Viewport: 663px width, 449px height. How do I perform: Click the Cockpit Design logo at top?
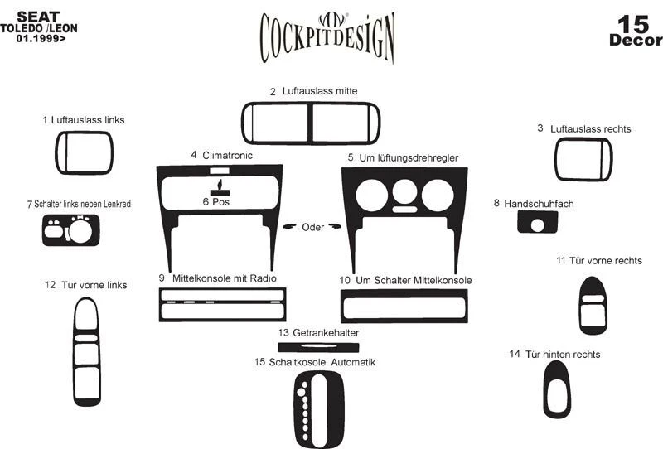pyautogui.click(x=327, y=36)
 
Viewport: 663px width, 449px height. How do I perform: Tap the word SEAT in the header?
pyautogui.click(x=38, y=16)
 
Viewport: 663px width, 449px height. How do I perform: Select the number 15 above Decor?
pyautogui.click(x=635, y=23)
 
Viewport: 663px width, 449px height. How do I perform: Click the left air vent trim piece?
pyautogui.click(x=84, y=153)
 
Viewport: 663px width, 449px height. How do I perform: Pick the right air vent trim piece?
pyautogui.click(x=583, y=159)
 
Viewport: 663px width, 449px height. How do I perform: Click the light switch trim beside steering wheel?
pyautogui.click(x=71, y=229)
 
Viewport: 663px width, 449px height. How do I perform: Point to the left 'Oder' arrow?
pyautogui.click(x=289, y=226)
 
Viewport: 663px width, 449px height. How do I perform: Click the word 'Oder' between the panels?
pyautogui.click(x=313, y=227)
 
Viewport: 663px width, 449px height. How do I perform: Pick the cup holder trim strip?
pyautogui.click(x=319, y=345)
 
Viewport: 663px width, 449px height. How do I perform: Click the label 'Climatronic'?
pyautogui.click(x=227, y=155)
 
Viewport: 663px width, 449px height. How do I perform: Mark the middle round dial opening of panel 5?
pyautogui.click(x=405, y=193)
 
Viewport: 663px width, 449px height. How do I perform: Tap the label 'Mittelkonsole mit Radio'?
pyautogui.click(x=224, y=278)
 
